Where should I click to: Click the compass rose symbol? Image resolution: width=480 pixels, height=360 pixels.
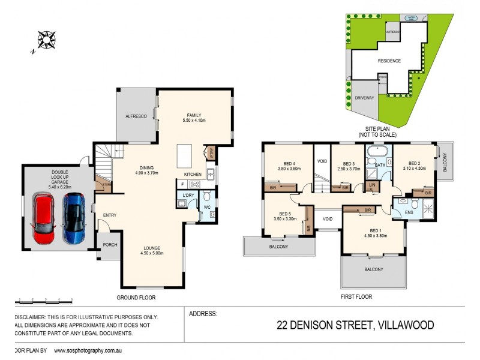tap(46, 40)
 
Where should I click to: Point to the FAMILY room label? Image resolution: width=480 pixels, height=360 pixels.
tap(194, 116)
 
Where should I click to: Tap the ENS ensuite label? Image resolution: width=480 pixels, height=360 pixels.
tap(409, 213)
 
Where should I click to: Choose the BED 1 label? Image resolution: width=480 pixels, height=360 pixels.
tap(374, 231)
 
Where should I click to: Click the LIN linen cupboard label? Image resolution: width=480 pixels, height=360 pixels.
tap(372, 185)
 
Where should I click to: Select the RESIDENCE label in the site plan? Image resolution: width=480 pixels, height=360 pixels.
tap(389, 61)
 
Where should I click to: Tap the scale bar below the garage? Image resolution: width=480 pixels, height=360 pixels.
tap(44, 298)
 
